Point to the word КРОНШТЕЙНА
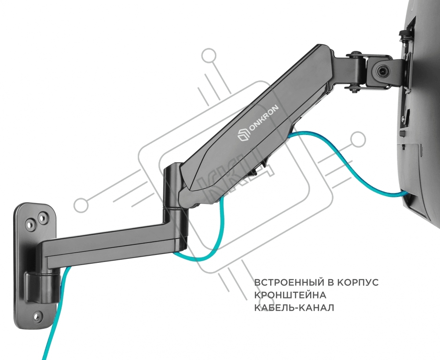[290, 295]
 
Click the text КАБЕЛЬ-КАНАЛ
[294, 308]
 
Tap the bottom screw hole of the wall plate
[37, 316]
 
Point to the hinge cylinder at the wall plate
[42, 287]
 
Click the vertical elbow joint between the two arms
[174, 193]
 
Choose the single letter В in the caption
[330, 282]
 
